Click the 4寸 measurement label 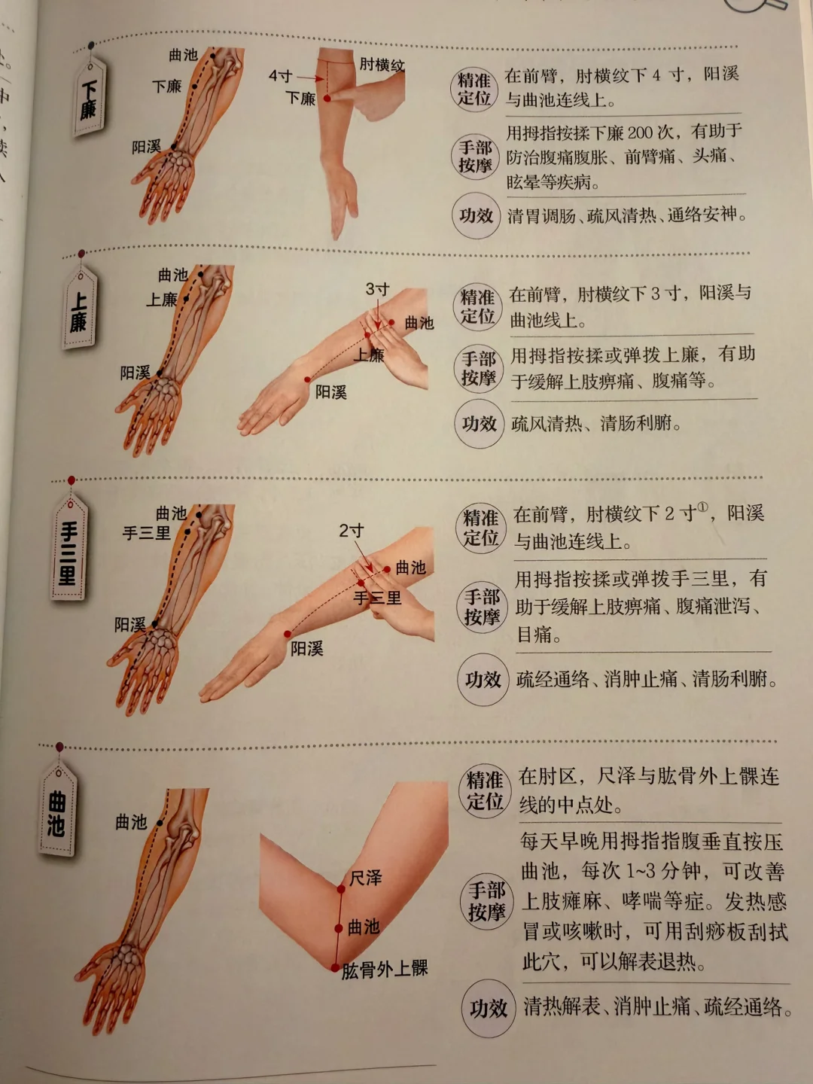click(281, 76)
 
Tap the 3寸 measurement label click(378, 289)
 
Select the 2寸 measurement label click(352, 531)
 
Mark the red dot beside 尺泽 click(340, 890)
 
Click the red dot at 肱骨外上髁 click(335, 967)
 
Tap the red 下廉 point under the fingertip click(327, 99)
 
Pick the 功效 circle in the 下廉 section click(476, 216)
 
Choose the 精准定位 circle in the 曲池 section click(486, 791)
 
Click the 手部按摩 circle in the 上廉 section click(478, 369)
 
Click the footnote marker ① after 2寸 click(703, 507)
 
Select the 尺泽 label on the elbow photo click(365, 878)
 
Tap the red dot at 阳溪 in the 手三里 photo click(288, 634)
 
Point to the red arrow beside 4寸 click(310, 78)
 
